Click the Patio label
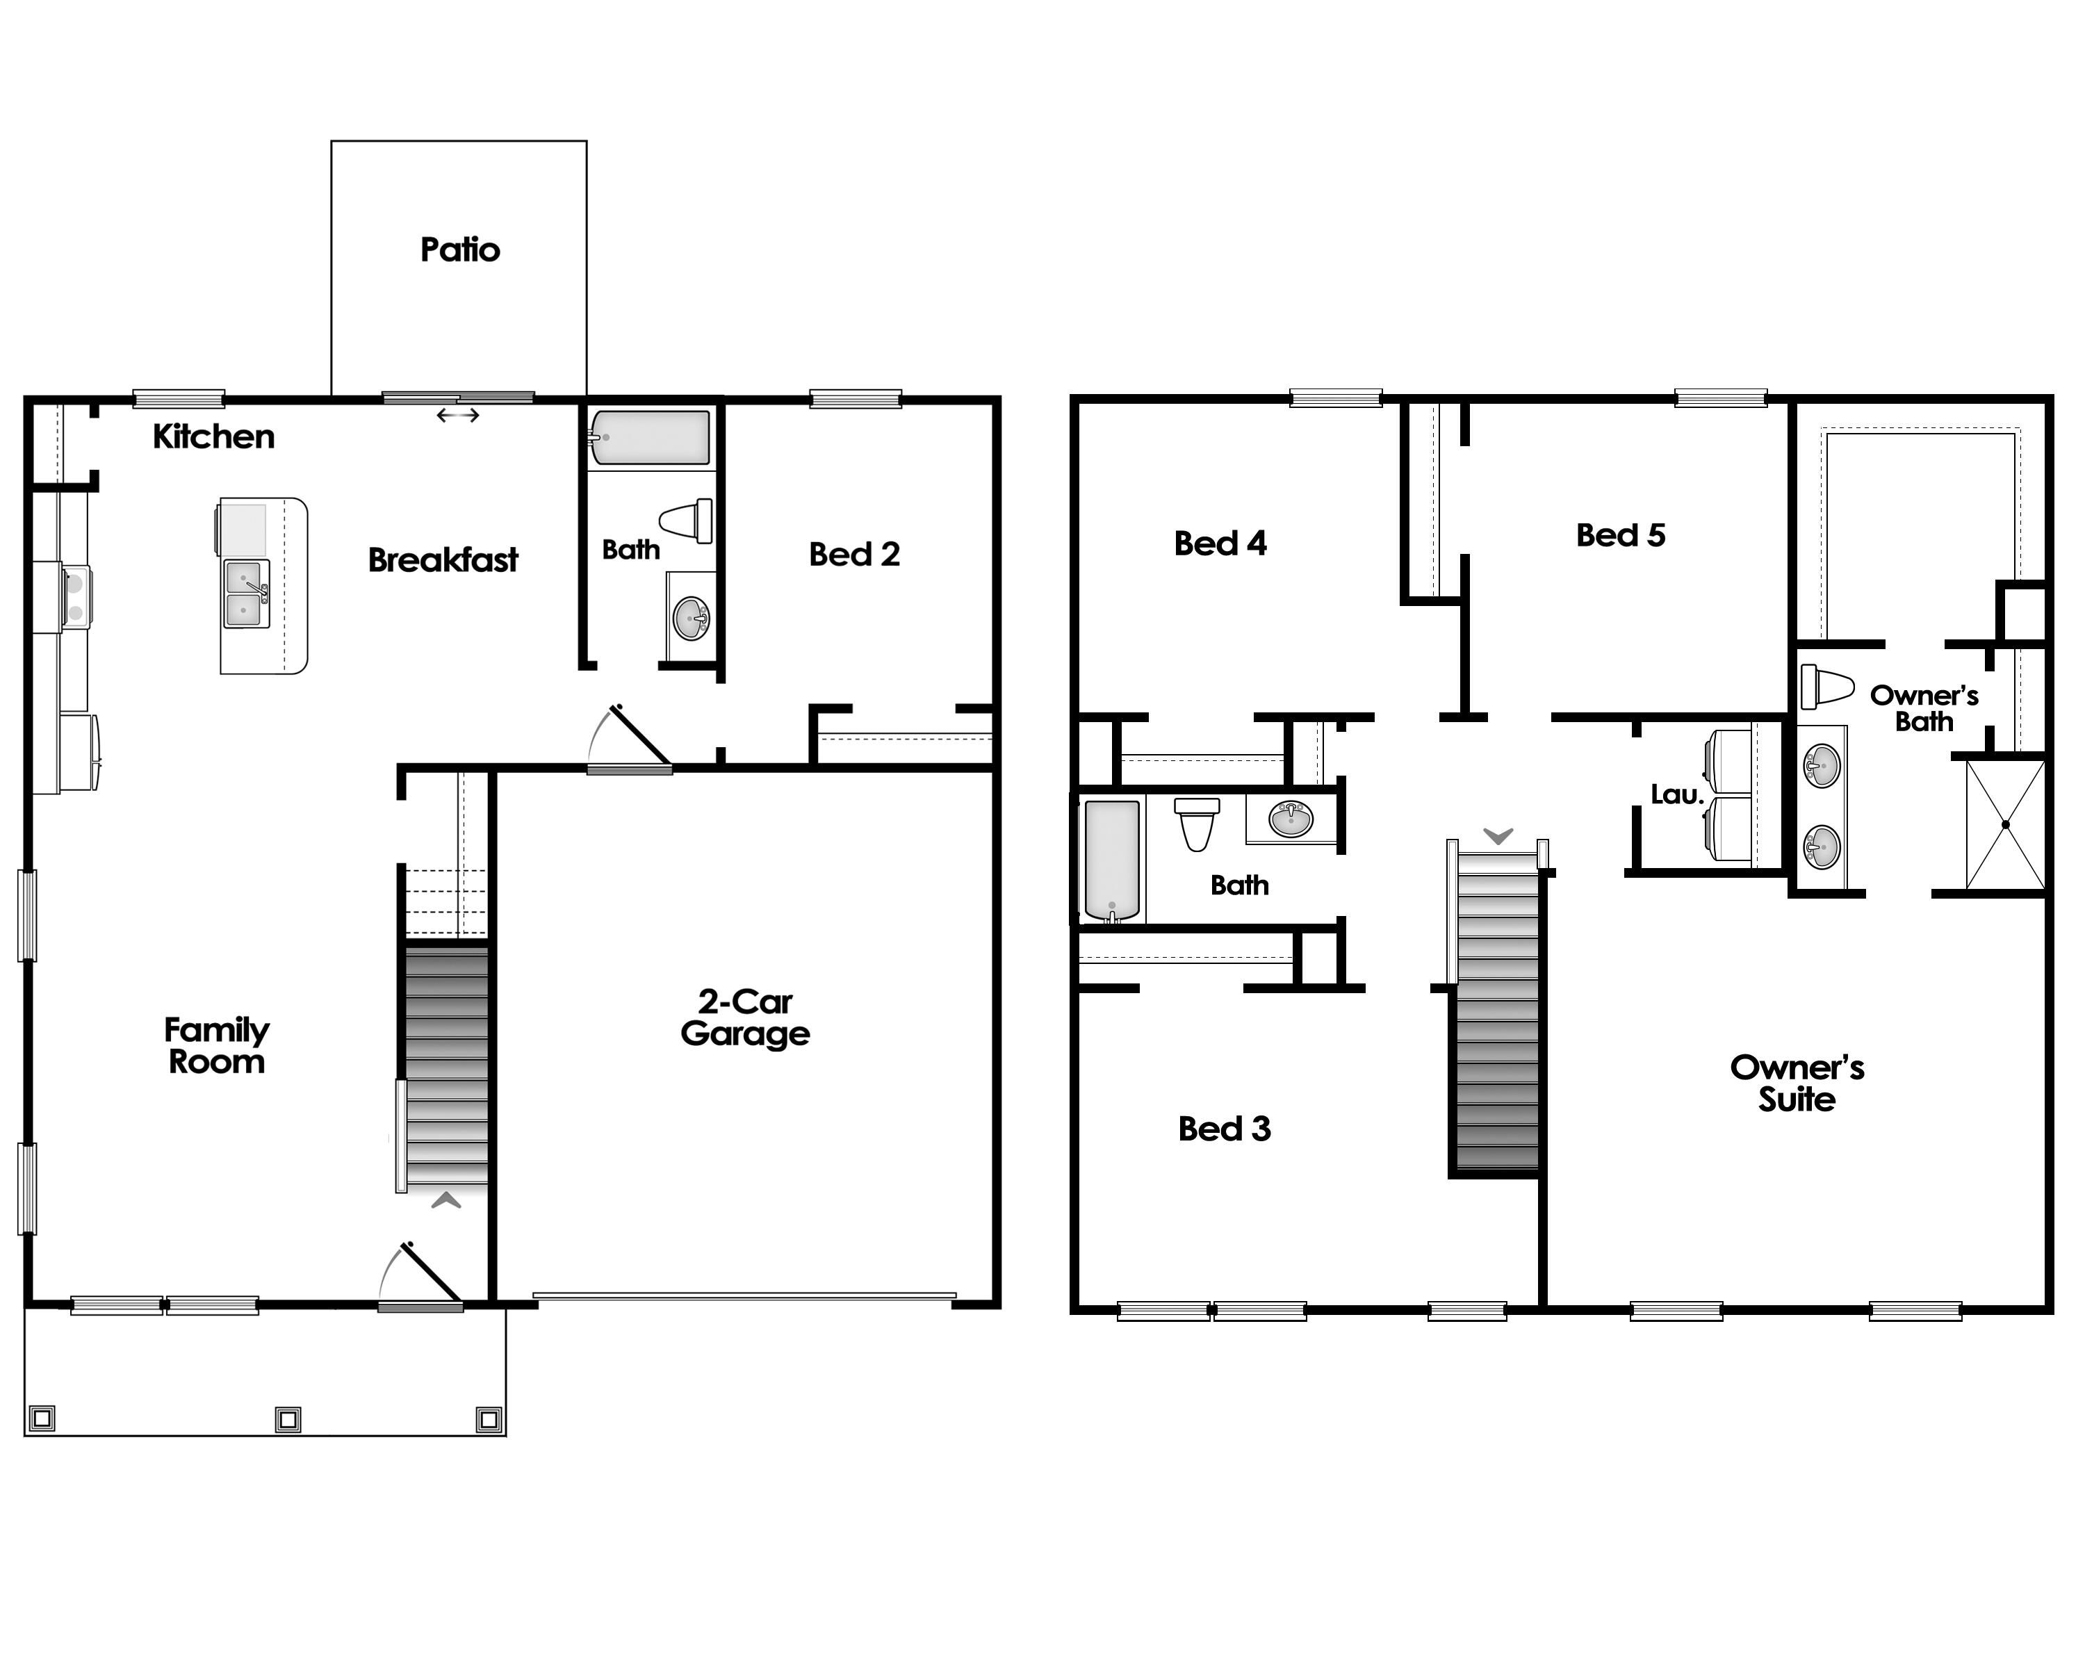point(460,250)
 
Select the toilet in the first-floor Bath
point(687,521)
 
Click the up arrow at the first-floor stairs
point(445,1201)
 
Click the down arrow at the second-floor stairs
point(1498,836)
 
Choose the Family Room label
point(217,1046)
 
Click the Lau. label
point(1676,795)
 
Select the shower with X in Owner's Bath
point(2006,825)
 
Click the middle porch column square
point(288,1418)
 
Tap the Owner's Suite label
point(1797,1084)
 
